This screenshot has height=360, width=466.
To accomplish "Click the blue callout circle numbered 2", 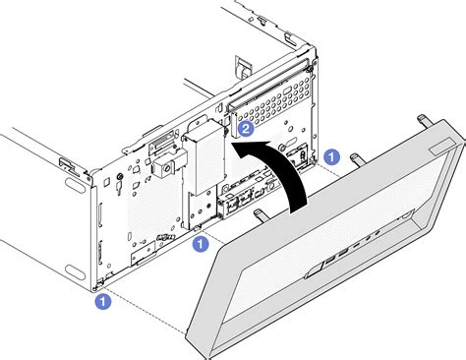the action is [246, 129].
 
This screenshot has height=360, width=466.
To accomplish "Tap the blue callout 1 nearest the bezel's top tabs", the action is [331, 156].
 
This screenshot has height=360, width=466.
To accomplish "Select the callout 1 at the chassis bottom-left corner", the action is [103, 302].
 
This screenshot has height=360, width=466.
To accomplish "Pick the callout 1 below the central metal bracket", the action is [201, 244].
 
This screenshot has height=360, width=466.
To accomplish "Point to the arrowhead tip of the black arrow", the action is [231, 144].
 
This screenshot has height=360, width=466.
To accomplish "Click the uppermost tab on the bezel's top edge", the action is [424, 121].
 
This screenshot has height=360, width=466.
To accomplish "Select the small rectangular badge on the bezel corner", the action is [443, 147].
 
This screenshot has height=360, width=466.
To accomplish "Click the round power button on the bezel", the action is [406, 215].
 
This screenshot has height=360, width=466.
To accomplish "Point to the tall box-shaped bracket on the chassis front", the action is [204, 156].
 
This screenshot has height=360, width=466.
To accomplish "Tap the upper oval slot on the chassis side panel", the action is [75, 183].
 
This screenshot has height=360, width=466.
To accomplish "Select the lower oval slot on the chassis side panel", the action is [75, 271].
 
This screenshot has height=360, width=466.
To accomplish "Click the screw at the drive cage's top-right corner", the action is [310, 68].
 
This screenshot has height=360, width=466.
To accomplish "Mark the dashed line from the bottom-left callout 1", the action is [145, 312].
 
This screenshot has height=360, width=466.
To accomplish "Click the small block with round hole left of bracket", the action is [164, 166].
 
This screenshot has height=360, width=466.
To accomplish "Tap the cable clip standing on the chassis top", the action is [244, 68].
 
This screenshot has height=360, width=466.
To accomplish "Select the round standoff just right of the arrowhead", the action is [282, 148].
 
